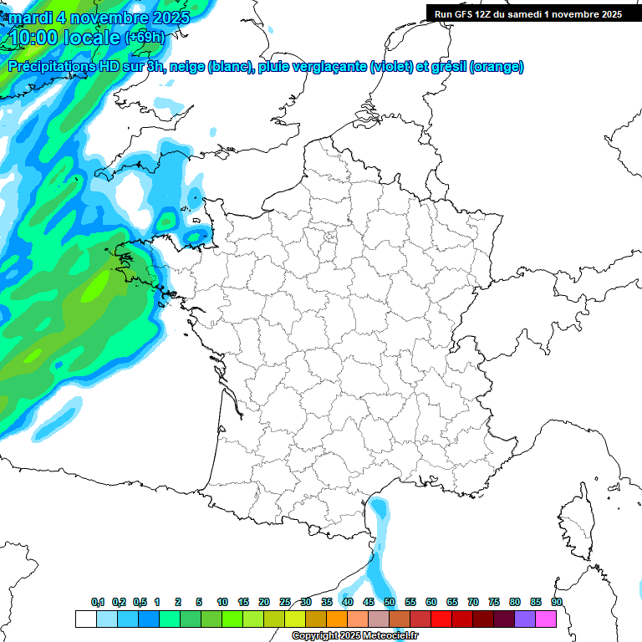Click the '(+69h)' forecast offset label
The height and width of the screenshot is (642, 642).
pyautogui.click(x=145, y=38)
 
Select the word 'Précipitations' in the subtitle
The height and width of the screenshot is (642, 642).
pyautogui.click(x=51, y=66)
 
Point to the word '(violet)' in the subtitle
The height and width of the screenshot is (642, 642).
pyautogui.click(x=390, y=66)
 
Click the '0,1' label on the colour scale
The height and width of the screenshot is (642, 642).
pyautogui.click(x=98, y=602)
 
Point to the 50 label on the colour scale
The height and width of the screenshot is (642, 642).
pyautogui.click(x=389, y=602)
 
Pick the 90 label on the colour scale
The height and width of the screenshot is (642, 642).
pyautogui.click(x=556, y=602)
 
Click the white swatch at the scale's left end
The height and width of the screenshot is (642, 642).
pyautogui.click(x=85, y=619)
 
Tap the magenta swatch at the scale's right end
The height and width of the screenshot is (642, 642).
pyautogui.click(x=546, y=619)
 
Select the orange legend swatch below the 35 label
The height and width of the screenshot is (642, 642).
pyautogui.click(x=337, y=619)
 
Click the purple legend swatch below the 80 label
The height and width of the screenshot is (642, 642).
pyautogui.click(x=525, y=619)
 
